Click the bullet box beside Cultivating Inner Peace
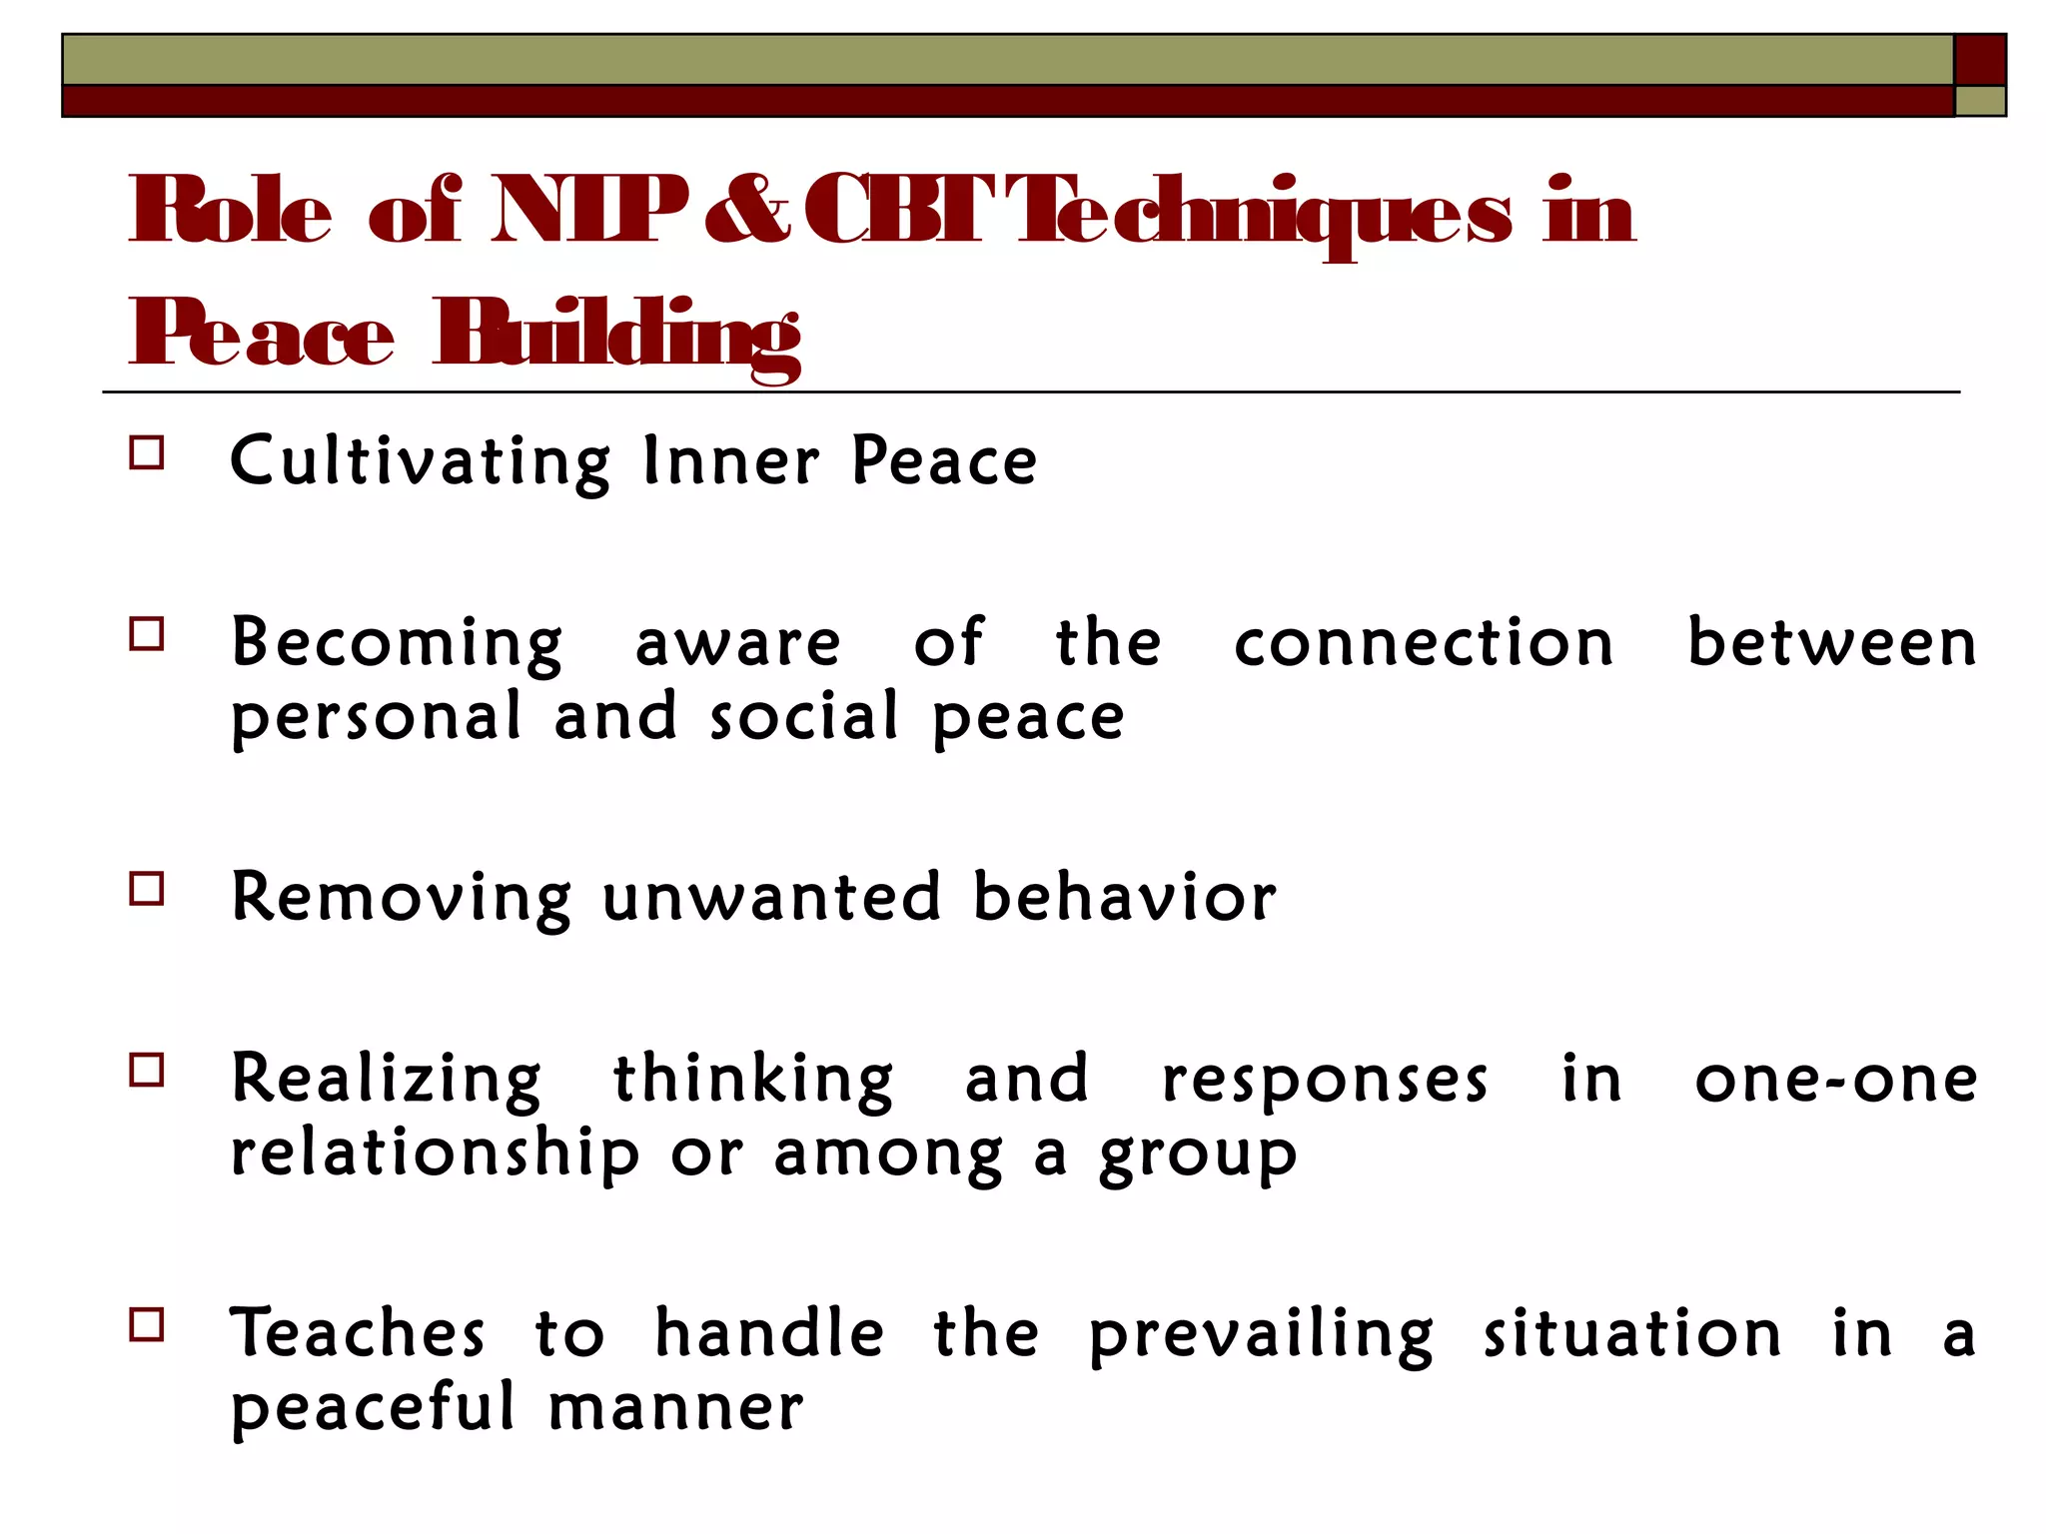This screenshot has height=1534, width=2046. click(x=147, y=453)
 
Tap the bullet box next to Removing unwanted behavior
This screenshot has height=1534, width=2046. click(x=147, y=888)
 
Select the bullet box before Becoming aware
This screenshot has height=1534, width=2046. click(x=147, y=634)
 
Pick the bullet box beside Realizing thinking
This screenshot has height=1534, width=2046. click(x=147, y=1070)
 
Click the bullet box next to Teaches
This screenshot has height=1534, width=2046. click(x=147, y=1324)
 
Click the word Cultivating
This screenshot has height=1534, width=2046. click(x=420, y=461)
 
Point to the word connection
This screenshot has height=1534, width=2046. click(x=1424, y=641)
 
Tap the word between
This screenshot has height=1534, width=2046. click(x=1831, y=641)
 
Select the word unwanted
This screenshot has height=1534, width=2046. click(x=771, y=896)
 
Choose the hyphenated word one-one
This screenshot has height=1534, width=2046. click(x=1836, y=1080)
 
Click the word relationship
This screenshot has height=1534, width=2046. click(x=435, y=1153)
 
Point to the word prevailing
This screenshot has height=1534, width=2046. click(x=1261, y=1335)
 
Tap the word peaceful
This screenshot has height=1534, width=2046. click(x=373, y=1407)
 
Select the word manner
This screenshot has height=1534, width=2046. click(x=675, y=1409)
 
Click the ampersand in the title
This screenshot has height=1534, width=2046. click(x=746, y=211)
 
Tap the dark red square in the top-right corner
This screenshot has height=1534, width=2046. click(x=1979, y=60)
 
